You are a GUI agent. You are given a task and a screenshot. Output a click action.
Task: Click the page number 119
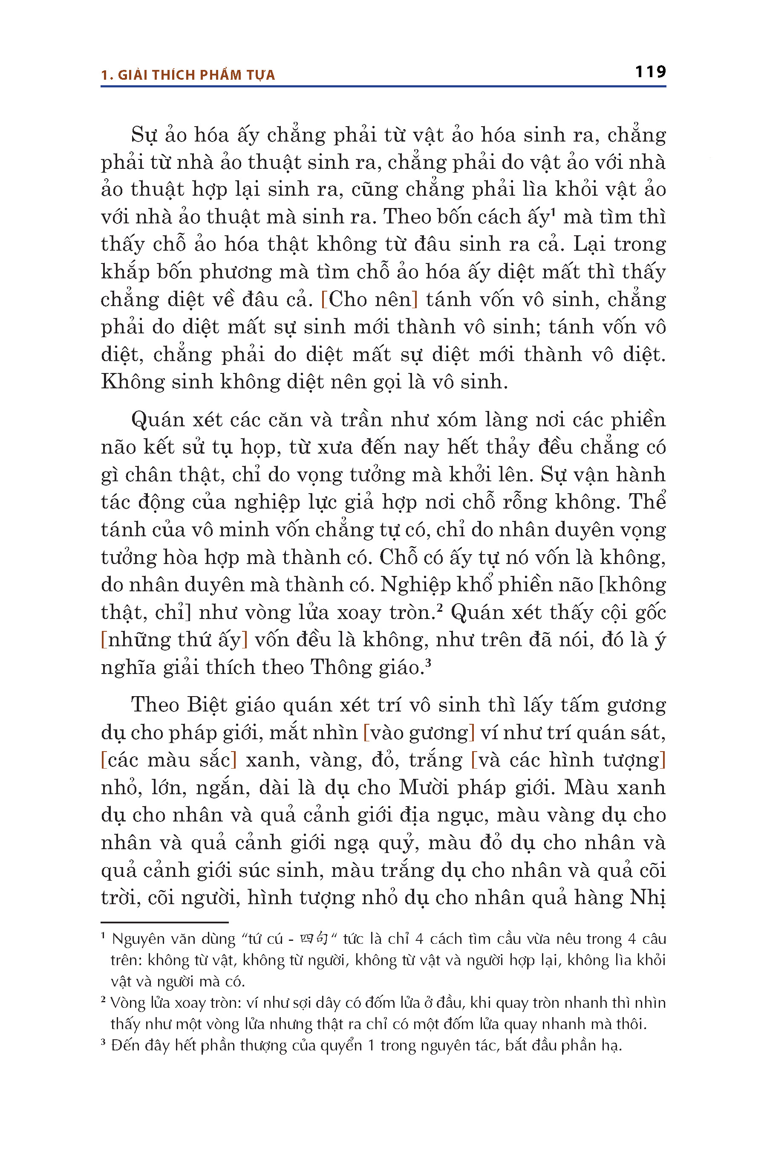pyautogui.click(x=650, y=72)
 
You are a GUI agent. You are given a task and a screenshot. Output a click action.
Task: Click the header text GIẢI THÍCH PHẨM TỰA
pyautogui.click(x=196, y=75)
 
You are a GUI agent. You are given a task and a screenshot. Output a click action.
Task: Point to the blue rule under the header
pyautogui.click(x=383, y=87)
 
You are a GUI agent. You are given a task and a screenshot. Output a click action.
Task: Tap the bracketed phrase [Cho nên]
pyautogui.click(x=369, y=299)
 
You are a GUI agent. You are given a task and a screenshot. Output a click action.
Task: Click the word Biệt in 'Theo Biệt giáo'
pyautogui.click(x=208, y=705)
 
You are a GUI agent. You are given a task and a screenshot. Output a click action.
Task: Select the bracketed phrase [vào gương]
pyautogui.click(x=419, y=732)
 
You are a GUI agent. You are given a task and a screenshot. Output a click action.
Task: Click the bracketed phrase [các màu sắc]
pyautogui.click(x=169, y=760)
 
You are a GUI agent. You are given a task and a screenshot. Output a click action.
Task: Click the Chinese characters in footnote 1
pyautogui.click(x=314, y=939)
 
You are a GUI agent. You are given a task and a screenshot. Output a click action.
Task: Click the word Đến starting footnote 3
pyautogui.click(x=125, y=1045)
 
